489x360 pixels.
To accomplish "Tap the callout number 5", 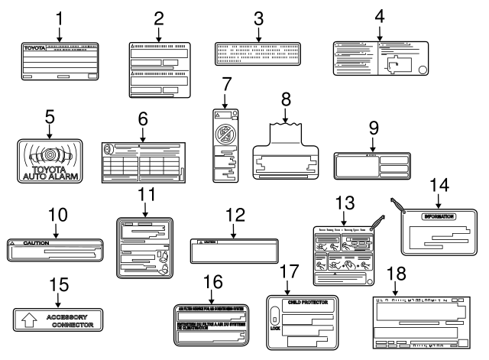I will [50, 117].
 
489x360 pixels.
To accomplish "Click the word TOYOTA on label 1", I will [34, 48].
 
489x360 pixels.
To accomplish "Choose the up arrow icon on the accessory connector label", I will [28, 319].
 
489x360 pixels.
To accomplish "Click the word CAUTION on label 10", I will [36, 242].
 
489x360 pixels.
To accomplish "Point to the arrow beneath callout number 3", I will [258, 33].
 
